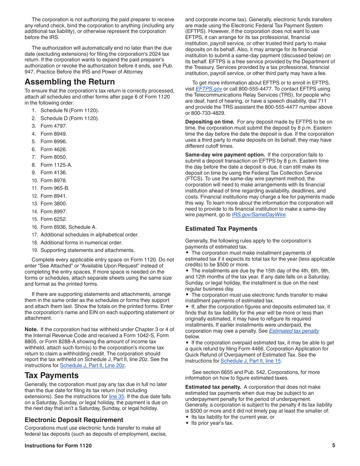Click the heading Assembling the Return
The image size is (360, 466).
pos(70,82)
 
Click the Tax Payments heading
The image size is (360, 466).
pos(52,375)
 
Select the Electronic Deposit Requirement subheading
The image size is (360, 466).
pos(74,420)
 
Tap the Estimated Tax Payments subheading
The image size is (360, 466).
pos(221,228)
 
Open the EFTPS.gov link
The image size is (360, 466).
pos(208,89)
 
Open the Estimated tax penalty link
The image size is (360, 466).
pos(294,331)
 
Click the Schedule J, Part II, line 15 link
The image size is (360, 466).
pos(250,361)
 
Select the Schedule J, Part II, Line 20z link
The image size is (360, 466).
pos(92,366)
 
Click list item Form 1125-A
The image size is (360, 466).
pos(56,165)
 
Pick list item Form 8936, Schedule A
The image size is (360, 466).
pos(68,227)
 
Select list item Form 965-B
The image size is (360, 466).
pos(55,188)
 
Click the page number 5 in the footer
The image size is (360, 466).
pos(333,446)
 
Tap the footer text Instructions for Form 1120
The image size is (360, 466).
pos(58,446)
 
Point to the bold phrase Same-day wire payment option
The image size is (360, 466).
pos(225,155)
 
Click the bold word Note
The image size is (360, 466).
pos(31,329)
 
